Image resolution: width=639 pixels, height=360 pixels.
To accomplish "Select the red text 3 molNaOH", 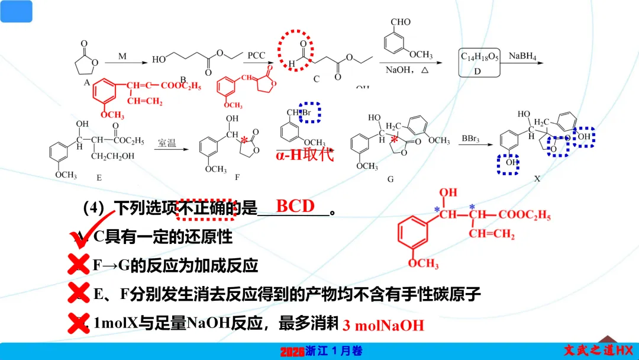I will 383,325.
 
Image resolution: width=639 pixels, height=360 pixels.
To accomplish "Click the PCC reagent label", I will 256,55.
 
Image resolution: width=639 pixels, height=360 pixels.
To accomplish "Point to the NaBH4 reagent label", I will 522,56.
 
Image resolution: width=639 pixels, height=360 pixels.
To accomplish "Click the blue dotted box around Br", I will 309,112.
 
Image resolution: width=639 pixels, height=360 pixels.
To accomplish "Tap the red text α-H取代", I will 305,156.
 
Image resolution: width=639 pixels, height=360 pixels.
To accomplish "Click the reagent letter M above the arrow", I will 122,56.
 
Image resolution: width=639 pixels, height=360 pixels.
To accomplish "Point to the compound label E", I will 99,177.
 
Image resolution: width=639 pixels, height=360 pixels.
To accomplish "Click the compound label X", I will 537,177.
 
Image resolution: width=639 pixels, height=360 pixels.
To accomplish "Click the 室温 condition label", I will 167,143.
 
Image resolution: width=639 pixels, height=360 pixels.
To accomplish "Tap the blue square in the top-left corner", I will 17,11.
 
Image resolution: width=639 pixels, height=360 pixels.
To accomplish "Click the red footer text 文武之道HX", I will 598,350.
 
